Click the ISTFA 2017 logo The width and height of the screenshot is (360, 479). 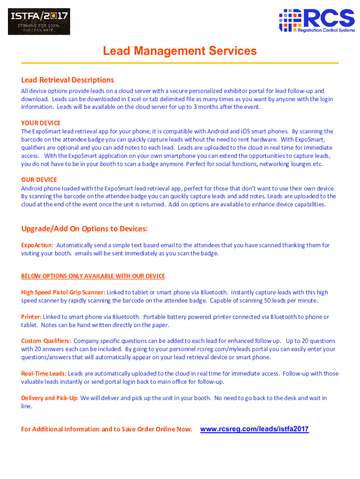39,21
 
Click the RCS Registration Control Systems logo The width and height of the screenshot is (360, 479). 317,21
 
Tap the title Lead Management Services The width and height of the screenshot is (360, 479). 180,51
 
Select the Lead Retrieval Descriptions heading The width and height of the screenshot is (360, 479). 67,80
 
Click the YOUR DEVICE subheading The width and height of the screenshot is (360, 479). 41,123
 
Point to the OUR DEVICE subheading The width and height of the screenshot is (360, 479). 39,180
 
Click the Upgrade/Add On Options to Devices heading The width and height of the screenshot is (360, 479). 84,229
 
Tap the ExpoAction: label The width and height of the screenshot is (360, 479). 37,245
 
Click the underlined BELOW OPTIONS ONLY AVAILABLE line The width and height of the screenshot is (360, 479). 93,276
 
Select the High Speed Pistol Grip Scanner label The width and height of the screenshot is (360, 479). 63,292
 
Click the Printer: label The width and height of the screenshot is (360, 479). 31,317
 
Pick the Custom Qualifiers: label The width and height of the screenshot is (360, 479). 46,341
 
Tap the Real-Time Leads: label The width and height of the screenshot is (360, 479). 43,374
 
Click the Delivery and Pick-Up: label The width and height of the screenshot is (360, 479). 50,398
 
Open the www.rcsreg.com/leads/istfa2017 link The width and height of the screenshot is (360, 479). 254,429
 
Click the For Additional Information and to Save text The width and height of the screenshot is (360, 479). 106,429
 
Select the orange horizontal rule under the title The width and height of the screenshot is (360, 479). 180,63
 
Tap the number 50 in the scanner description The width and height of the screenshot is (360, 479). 268,300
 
